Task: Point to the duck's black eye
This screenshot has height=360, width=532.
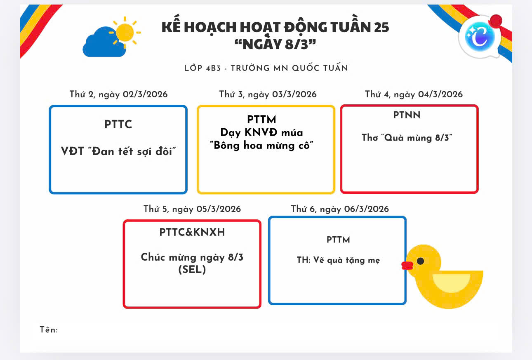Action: pyautogui.click(x=420, y=261)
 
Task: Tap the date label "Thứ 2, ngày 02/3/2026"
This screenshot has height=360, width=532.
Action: pyautogui.click(x=119, y=94)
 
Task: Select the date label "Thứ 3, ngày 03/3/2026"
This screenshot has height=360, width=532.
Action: pyautogui.click(x=268, y=94)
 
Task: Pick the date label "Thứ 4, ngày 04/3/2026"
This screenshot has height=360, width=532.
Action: pyautogui.click(x=414, y=94)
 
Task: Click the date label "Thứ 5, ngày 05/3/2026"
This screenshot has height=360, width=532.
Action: pyautogui.click(x=192, y=209)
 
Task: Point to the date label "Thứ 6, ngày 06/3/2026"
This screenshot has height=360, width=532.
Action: pyautogui.click(x=340, y=209)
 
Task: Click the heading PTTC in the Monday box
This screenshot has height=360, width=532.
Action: pyautogui.click(x=118, y=125)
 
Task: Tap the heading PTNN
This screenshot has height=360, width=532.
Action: pyautogui.click(x=407, y=115)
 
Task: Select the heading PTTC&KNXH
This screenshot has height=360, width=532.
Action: pyautogui.click(x=192, y=233)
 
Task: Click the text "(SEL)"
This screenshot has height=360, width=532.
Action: pyautogui.click(x=192, y=270)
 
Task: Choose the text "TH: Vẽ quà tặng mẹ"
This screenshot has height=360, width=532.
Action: pyautogui.click(x=338, y=260)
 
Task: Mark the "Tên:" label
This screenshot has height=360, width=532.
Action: pyautogui.click(x=49, y=330)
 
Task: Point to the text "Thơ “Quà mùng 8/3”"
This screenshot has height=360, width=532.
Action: pyautogui.click(x=407, y=138)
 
